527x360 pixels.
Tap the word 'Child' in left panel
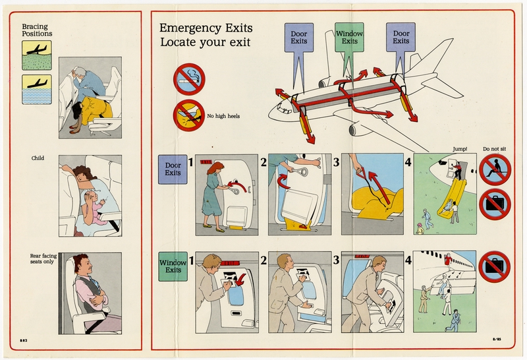38,158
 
